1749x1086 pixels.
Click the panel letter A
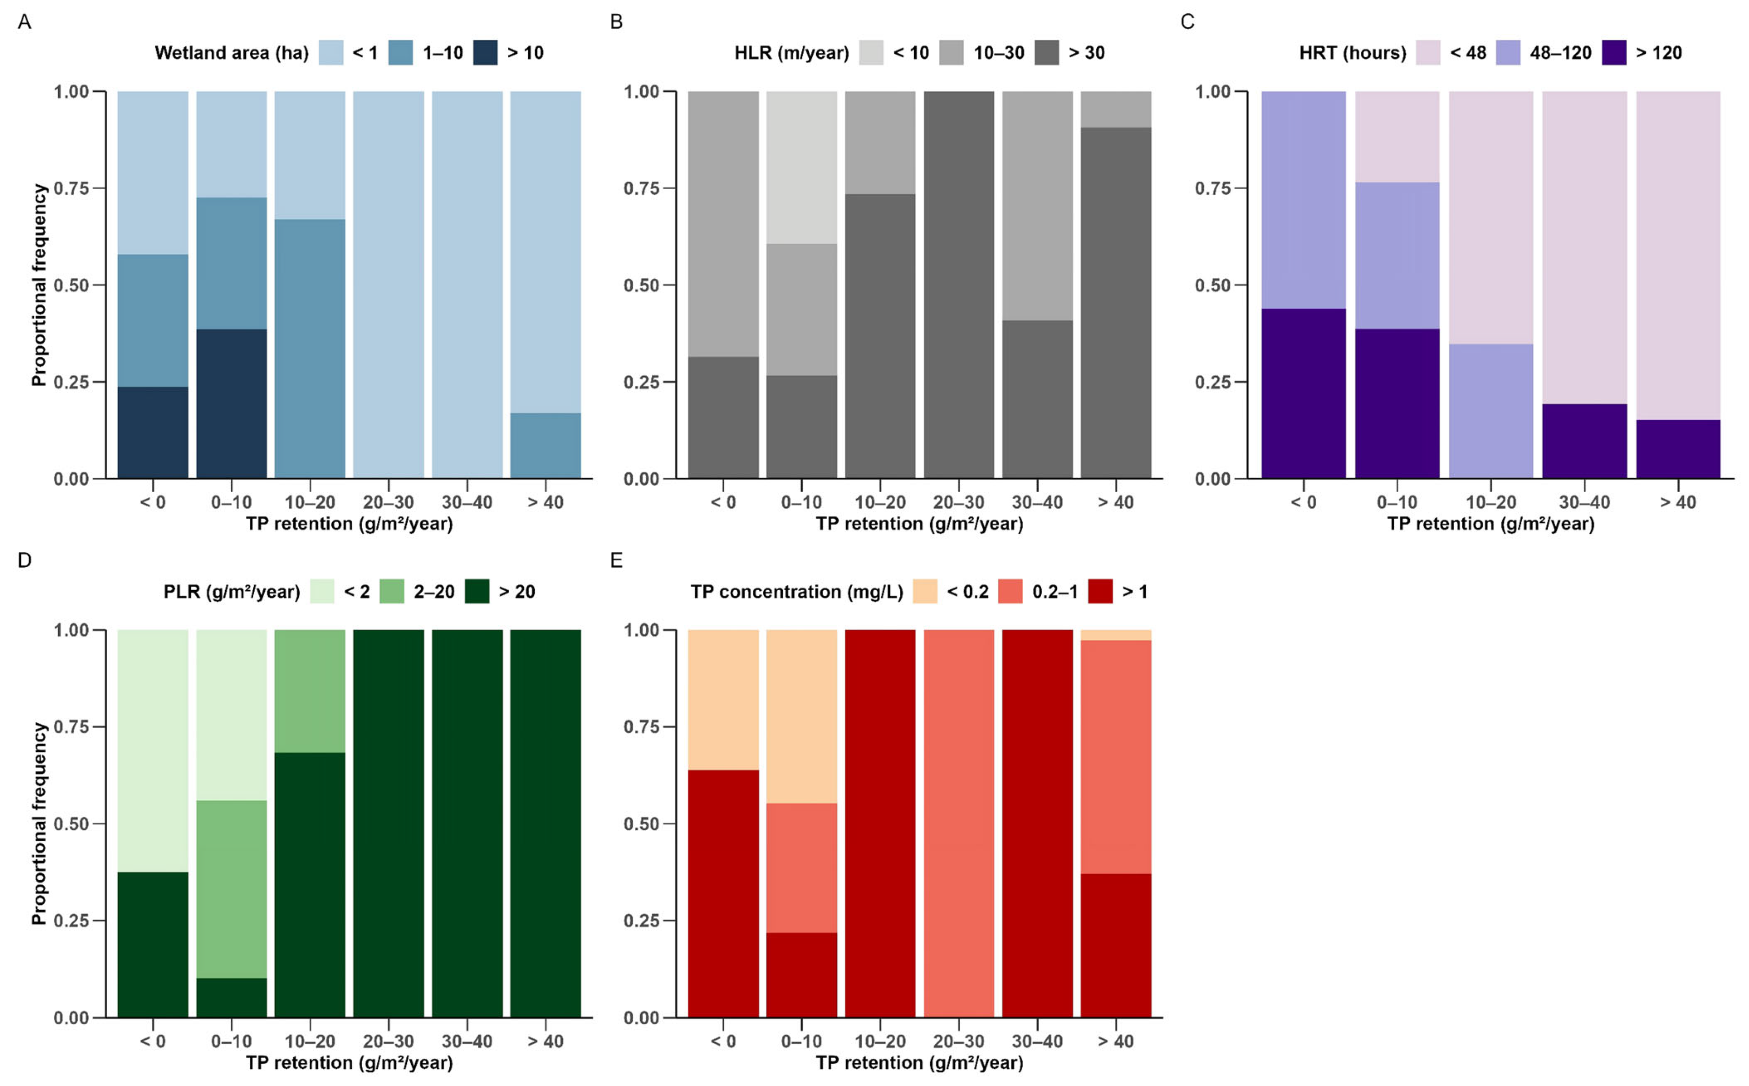click(x=24, y=22)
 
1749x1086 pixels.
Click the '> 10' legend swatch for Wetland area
click(x=485, y=53)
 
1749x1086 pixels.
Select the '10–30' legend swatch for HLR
click(x=951, y=53)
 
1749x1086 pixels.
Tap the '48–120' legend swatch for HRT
click(x=1508, y=53)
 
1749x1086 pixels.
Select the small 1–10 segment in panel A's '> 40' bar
click(x=545, y=446)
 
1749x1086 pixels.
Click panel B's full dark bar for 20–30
click(x=958, y=285)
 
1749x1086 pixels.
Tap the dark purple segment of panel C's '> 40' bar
click(x=1678, y=449)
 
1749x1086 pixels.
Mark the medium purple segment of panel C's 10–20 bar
click(x=1490, y=411)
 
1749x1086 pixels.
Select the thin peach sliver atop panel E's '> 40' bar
click(x=1115, y=635)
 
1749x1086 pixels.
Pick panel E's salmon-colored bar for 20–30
click(x=958, y=823)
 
